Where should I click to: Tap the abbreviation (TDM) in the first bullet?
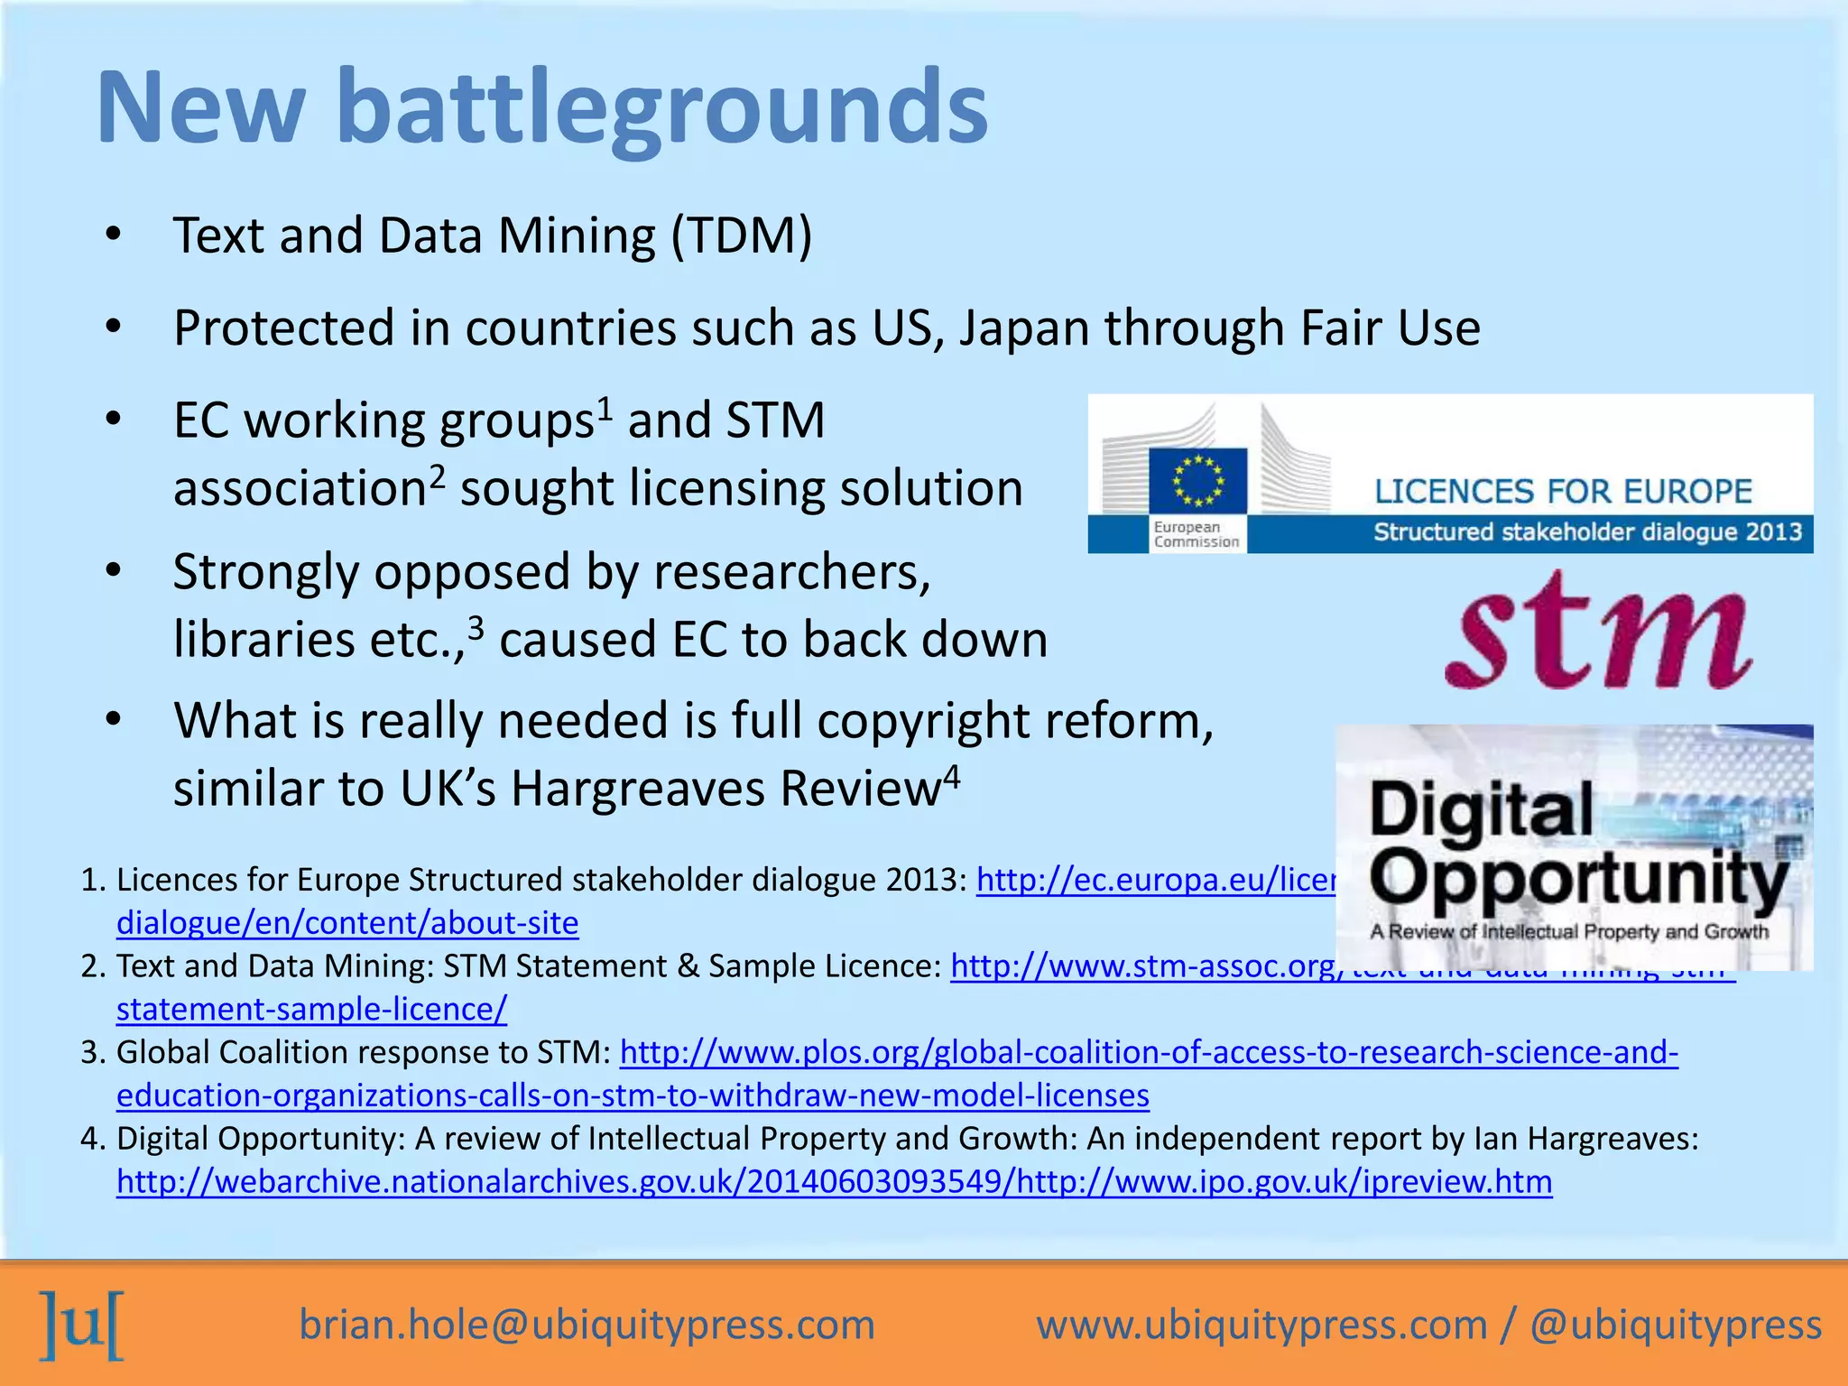click(x=741, y=236)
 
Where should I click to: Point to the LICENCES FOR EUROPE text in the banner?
click(x=1563, y=492)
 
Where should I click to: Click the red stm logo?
click(x=1598, y=633)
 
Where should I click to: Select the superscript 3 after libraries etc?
click(x=476, y=627)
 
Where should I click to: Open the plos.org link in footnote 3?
click(x=1149, y=1053)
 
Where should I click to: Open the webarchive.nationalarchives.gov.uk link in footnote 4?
click(x=835, y=1182)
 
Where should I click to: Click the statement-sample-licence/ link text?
click(x=311, y=1010)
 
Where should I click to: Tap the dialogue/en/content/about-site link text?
click(x=347, y=923)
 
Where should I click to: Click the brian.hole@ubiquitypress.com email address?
click(x=587, y=1325)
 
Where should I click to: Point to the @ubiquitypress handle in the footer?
click(x=1676, y=1325)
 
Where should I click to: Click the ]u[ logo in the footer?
click(x=82, y=1325)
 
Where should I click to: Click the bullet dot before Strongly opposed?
click(x=112, y=571)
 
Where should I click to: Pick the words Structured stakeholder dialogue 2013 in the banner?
click(x=1587, y=532)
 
